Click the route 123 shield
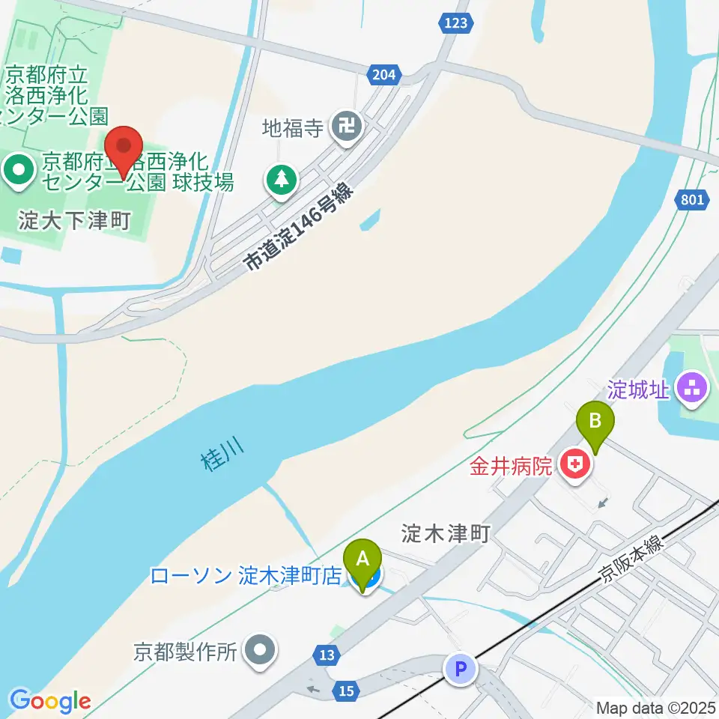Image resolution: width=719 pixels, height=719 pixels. click(456, 23)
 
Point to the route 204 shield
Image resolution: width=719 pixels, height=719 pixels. click(382, 73)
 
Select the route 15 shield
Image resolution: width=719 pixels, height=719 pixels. click(345, 691)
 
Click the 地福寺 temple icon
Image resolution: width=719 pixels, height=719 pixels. click(348, 127)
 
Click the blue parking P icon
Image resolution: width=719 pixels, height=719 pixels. click(461, 669)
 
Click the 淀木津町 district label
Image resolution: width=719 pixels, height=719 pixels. click(445, 533)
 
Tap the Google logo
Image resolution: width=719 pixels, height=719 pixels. click(50, 701)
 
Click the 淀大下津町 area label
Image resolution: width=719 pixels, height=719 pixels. click(75, 221)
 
